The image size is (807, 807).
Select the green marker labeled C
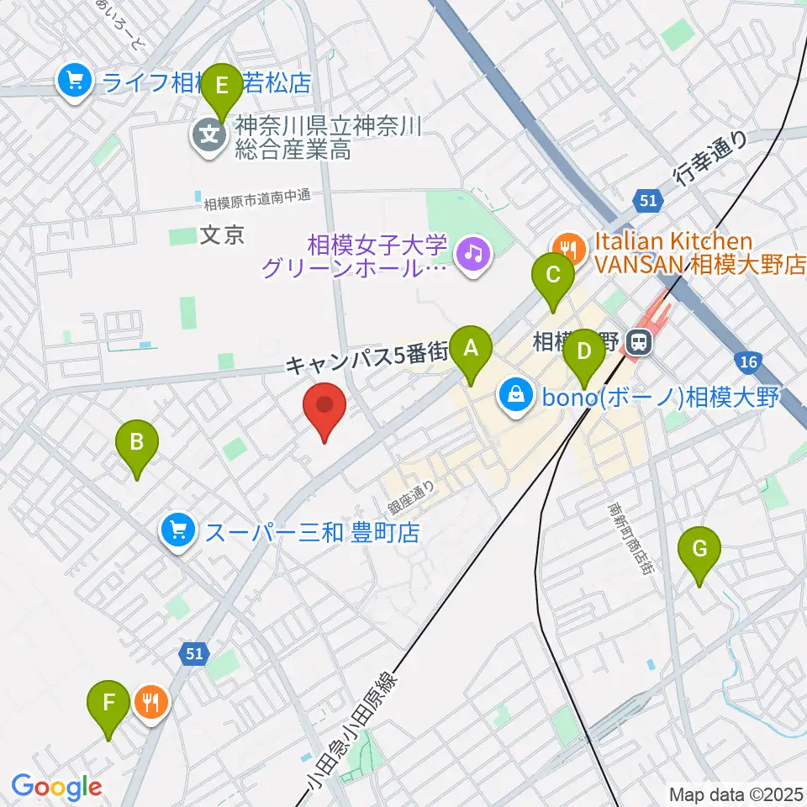pyautogui.click(x=553, y=276)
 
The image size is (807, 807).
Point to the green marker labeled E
pyautogui.click(x=222, y=87)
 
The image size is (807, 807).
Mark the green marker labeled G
pyautogui.click(x=699, y=550)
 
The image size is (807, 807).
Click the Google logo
pyautogui.click(x=56, y=787)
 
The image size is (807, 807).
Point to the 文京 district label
pyautogui.click(x=223, y=236)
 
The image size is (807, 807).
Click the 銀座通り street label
pyautogui.click(x=411, y=499)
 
